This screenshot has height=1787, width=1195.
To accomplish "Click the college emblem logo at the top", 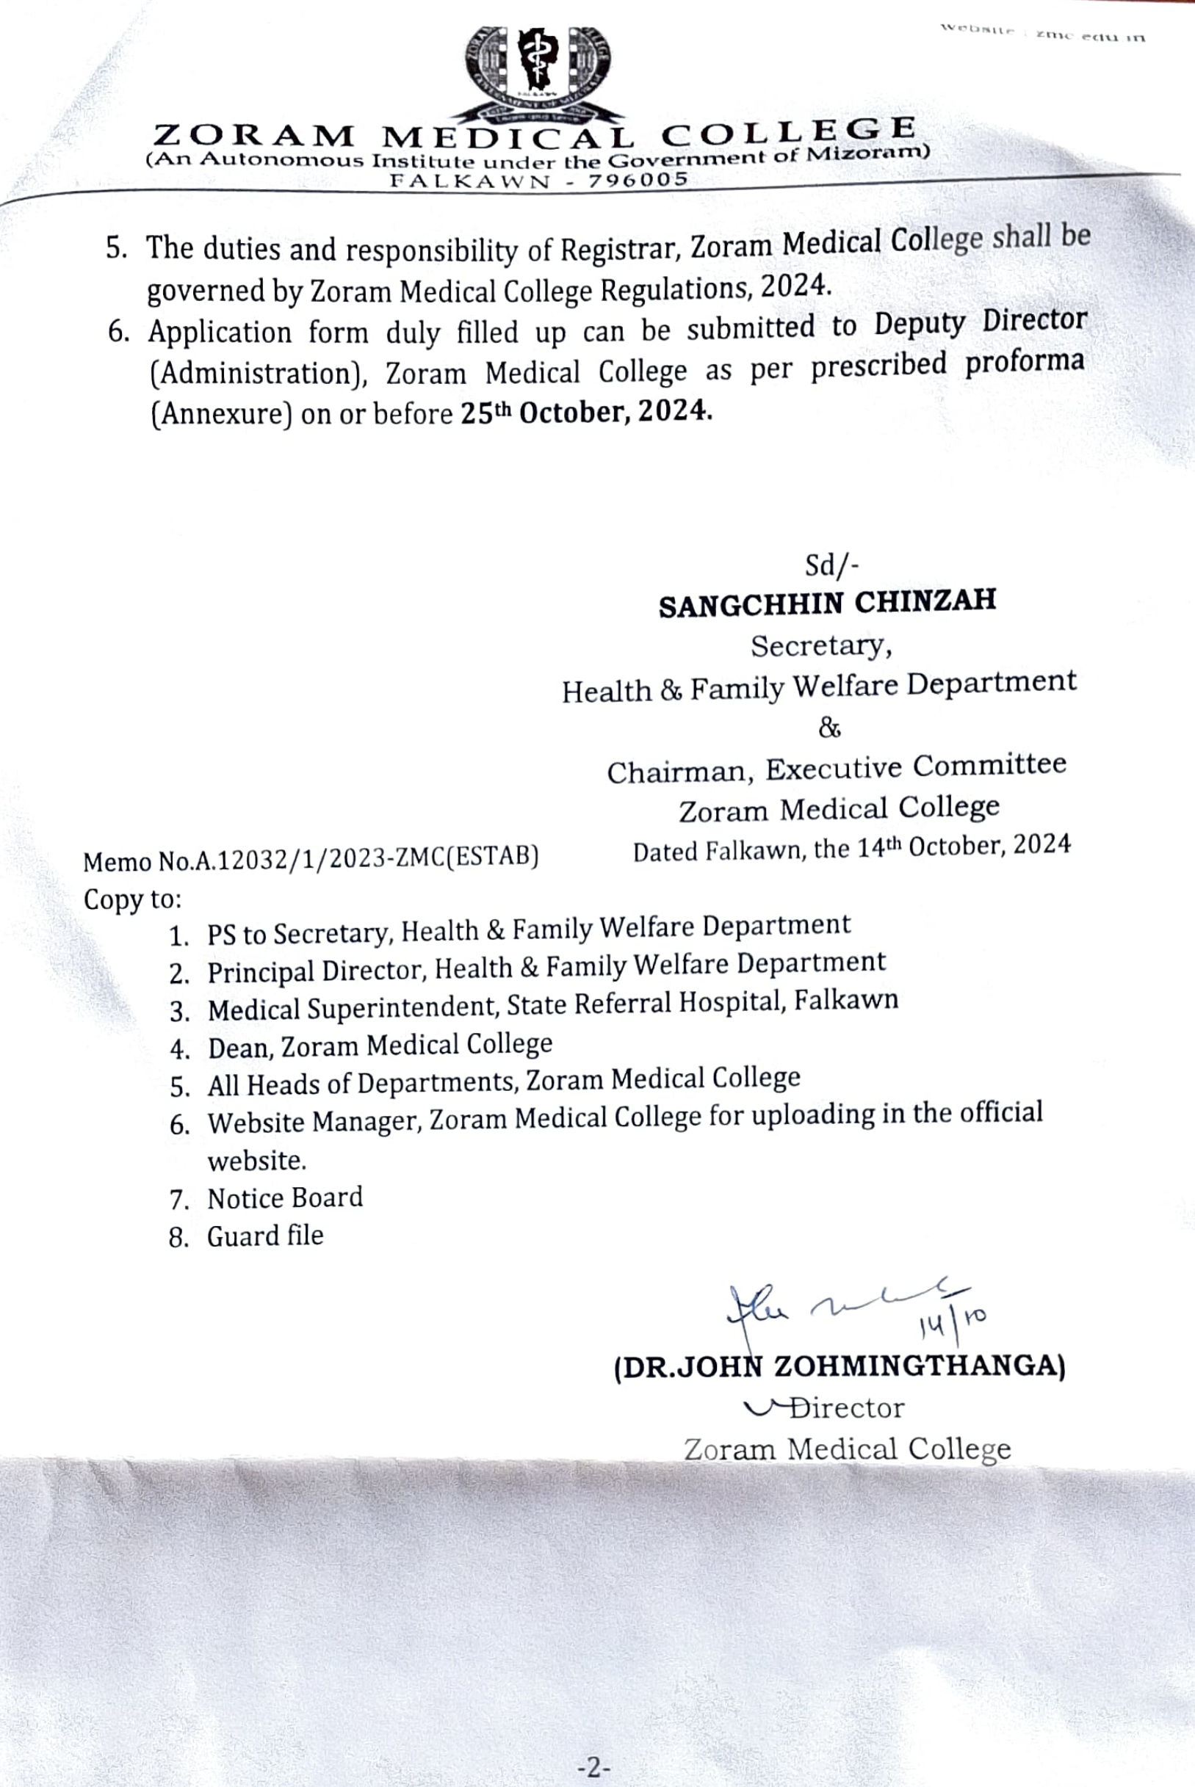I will click(x=538, y=73).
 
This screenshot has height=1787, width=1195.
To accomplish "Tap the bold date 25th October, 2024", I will click(x=586, y=412).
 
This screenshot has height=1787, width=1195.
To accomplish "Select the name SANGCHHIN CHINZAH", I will click(x=828, y=603).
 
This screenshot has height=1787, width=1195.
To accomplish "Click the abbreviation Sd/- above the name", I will click(x=831, y=565).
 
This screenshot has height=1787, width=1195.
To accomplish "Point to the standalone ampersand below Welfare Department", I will click(x=829, y=728).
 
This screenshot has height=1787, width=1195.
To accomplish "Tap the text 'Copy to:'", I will click(x=133, y=899).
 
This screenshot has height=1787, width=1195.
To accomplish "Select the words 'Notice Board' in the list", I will click(x=285, y=1198).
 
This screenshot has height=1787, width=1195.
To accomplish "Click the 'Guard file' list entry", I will click(x=265, y=1236).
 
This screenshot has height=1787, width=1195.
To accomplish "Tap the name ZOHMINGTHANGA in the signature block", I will click(x=918, y=1366).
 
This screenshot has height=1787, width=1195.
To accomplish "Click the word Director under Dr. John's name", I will click(x=847, y=1407).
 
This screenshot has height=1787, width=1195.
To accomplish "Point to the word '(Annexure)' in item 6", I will click(x=221, y=413).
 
